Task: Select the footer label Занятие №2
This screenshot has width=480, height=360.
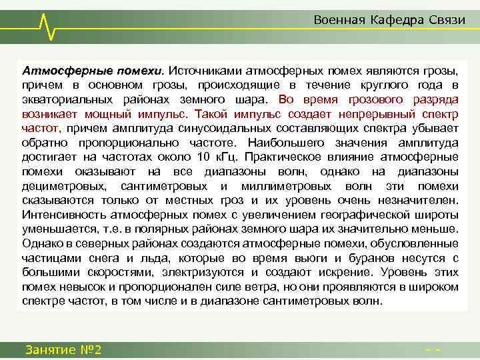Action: point(63,349)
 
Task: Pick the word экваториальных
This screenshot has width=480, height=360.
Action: point(63,99)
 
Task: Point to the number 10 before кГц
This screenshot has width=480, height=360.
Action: point(203,157)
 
